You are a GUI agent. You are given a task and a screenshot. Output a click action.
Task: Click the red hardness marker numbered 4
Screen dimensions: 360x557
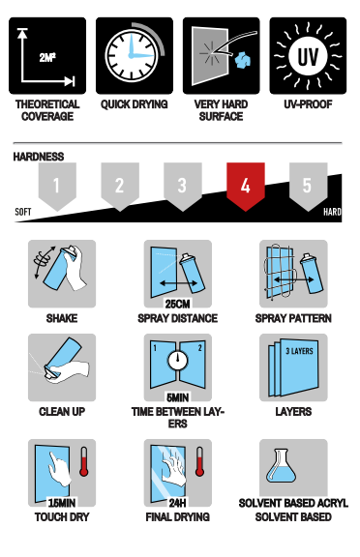click(x=246, y=186)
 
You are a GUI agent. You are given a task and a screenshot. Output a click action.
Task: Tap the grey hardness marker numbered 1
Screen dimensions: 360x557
click(x=57, y=186)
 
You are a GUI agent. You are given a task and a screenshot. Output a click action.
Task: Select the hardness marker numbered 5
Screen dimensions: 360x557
click(x=308, y=186)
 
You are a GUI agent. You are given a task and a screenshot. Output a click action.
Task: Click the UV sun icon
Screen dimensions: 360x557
click(x=308, y=56)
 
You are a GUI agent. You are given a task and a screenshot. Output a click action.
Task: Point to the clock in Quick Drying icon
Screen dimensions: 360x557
click(x=132, y=56)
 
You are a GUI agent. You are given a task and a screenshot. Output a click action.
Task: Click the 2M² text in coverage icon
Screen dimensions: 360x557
click(x=47, y=57)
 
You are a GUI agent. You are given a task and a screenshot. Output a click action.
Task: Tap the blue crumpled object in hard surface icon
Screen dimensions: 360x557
click(x=243, y=59)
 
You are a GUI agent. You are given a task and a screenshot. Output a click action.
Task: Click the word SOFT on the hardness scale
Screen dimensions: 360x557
click(x=23, y=212)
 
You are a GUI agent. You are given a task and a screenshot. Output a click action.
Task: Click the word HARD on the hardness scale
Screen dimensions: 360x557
click(x=332, y=212)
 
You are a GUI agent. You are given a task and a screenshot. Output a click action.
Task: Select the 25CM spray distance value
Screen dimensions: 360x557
click(x=177, y=304)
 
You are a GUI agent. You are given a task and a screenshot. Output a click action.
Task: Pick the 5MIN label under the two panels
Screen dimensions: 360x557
click(x=177, y=397)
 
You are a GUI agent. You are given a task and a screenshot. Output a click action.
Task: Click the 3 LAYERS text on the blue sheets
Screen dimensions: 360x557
click(x=299, y=351)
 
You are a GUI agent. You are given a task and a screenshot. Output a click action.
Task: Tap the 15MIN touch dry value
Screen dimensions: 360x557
click(x=62, y=503)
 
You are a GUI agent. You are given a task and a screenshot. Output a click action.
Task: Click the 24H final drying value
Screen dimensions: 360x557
click(x=177, y=503)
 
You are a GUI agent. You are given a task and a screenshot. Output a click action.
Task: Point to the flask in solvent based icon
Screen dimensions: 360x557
click(x=281, y=466)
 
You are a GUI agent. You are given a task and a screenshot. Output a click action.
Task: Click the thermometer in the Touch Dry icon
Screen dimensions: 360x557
click(x=84, y=461)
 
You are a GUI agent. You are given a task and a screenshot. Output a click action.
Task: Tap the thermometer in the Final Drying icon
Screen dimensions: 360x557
click(x=199, y=461)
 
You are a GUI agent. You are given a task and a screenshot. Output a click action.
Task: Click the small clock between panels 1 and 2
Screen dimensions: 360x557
click(x=178, y=360)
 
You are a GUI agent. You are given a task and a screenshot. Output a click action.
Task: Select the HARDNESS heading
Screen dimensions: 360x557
click(x=39, y=157)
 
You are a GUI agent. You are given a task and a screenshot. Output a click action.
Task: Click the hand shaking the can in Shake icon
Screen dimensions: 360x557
click(x=75, y=269)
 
